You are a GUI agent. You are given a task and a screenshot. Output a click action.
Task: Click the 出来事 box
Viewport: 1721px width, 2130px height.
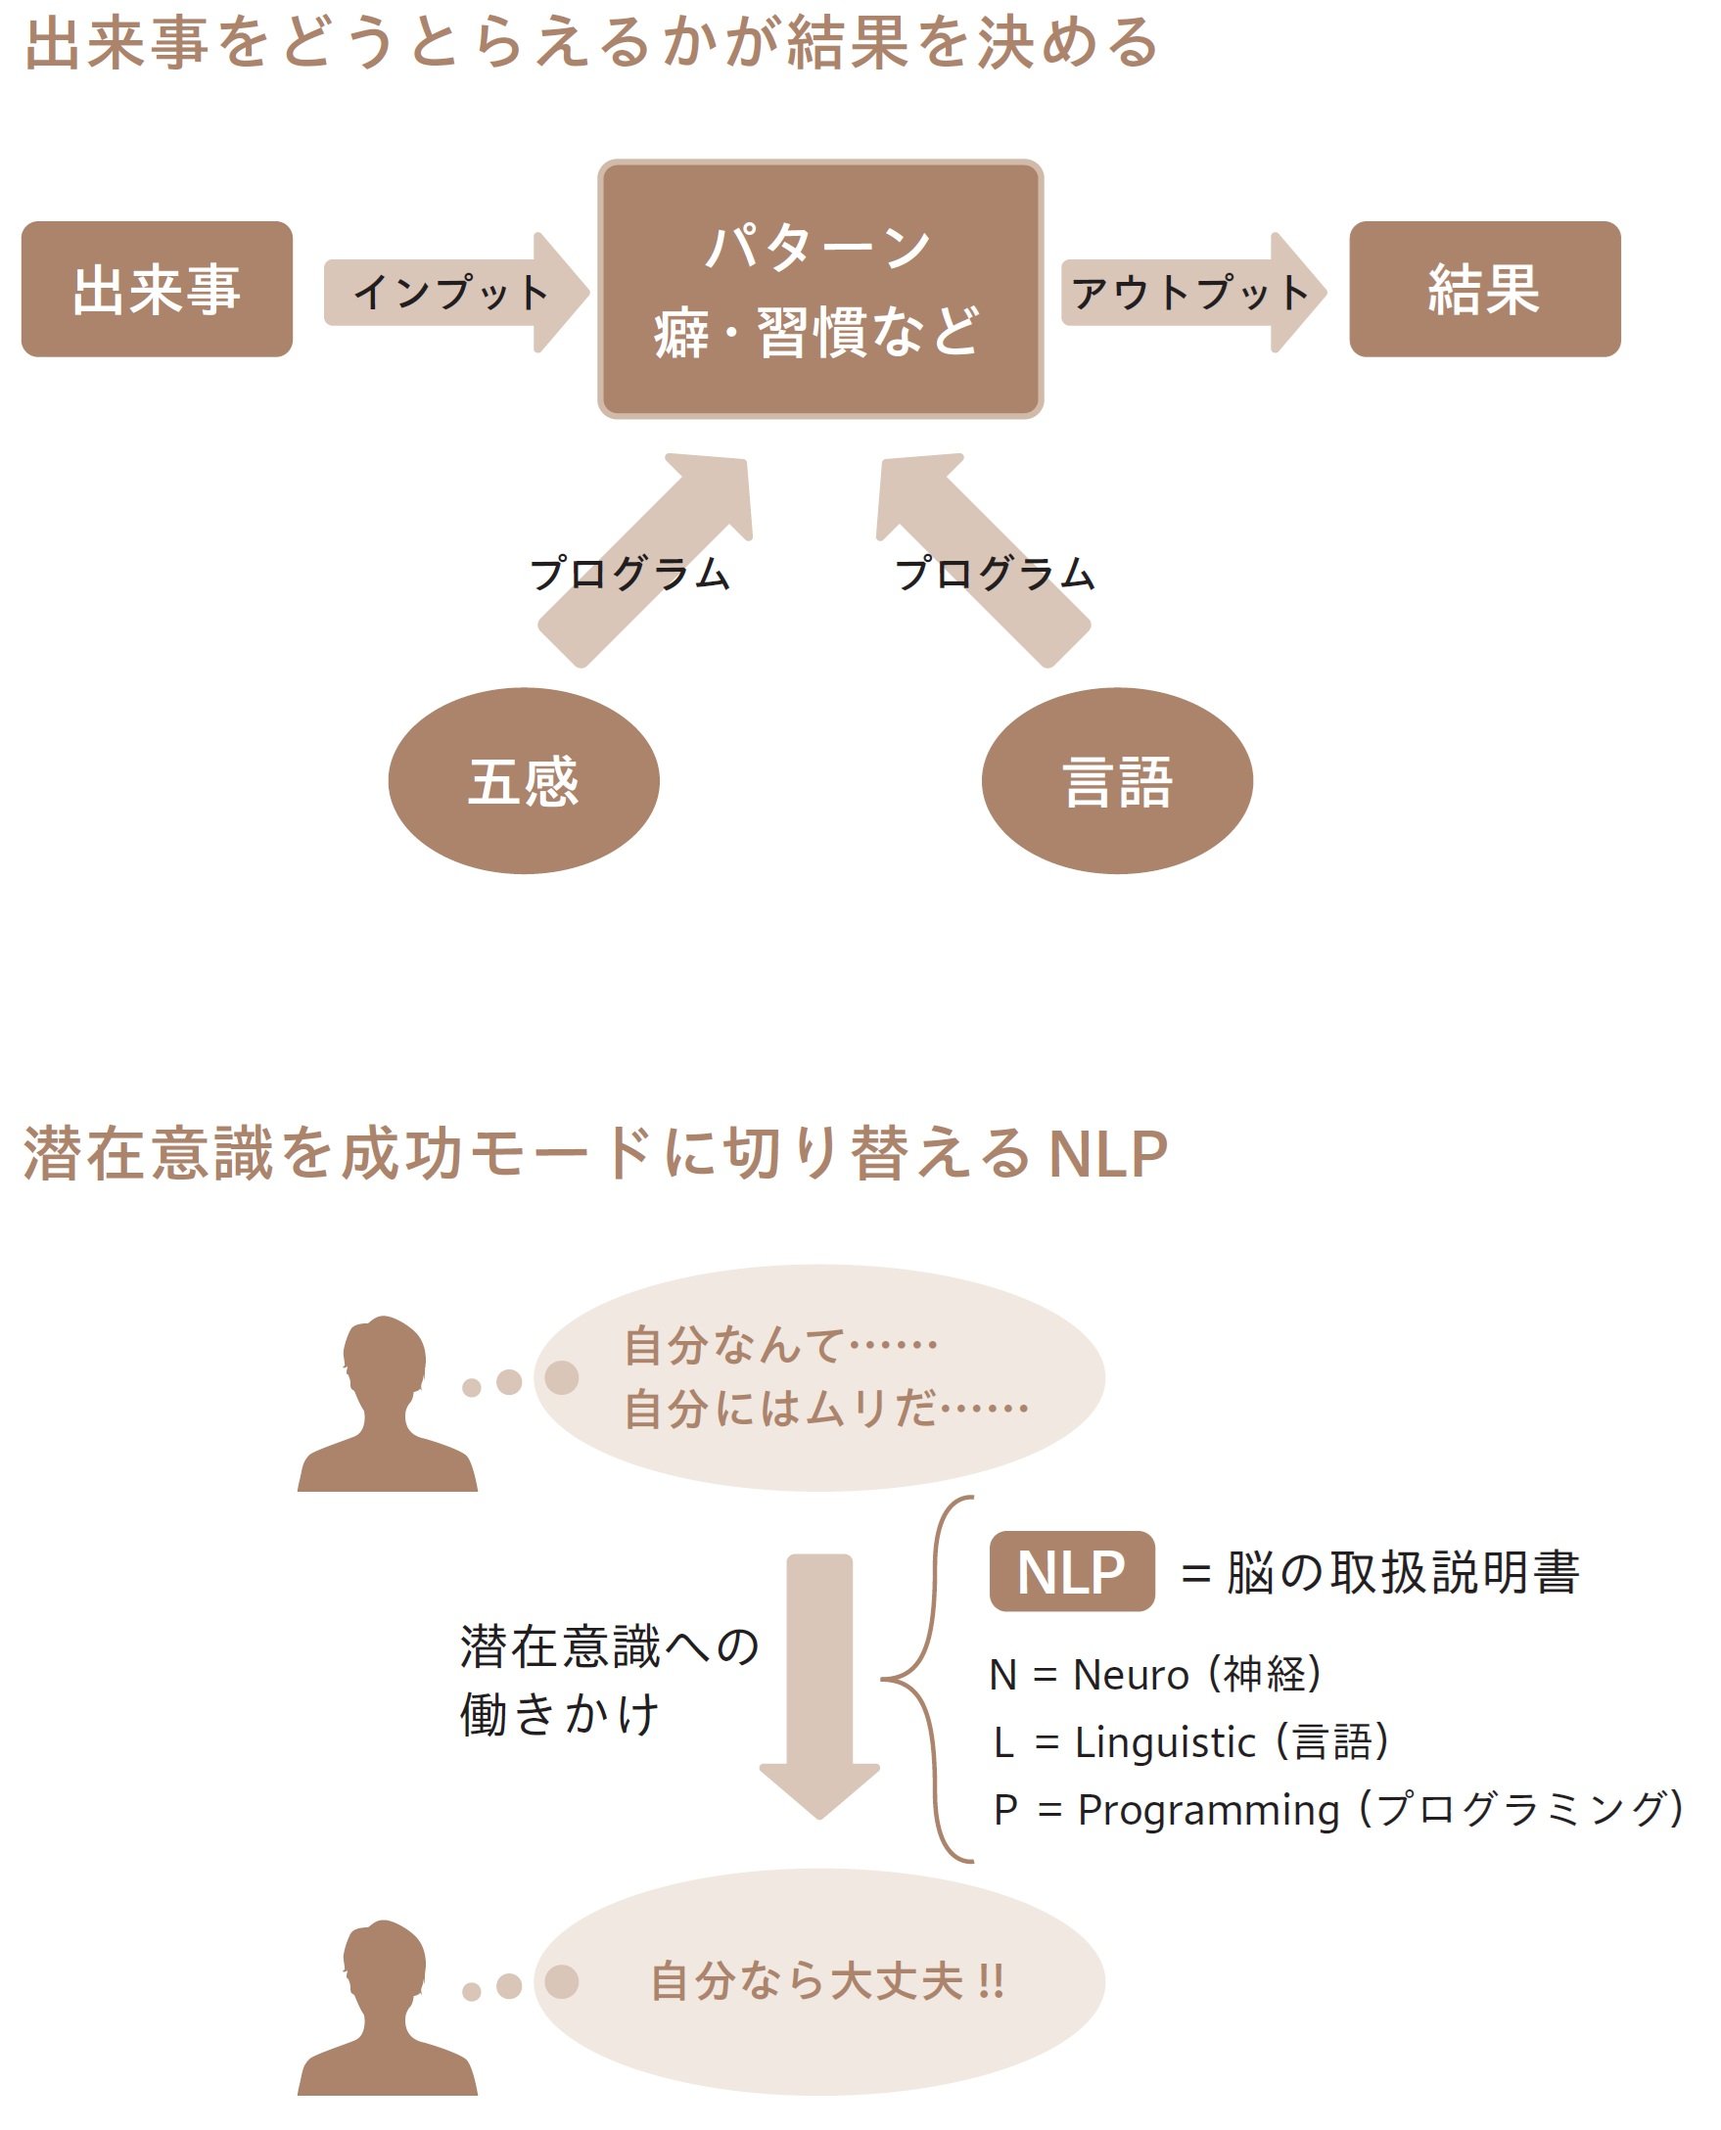[157, 290]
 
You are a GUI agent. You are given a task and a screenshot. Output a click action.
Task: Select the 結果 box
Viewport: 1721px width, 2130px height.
[1484, 290]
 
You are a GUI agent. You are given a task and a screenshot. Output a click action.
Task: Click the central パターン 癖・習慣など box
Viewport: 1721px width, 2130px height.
[819, 289]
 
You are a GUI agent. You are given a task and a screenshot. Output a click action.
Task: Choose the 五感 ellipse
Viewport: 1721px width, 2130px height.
[524, 781]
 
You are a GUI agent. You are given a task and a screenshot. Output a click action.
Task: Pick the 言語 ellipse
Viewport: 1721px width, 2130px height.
[1117, 781]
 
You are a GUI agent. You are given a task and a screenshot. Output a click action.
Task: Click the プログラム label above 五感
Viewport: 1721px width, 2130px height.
[630, 574]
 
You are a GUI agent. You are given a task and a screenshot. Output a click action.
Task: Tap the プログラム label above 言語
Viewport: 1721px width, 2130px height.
[995, 574]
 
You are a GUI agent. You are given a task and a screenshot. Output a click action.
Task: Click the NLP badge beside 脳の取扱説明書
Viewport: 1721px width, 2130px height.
[1072, 1572]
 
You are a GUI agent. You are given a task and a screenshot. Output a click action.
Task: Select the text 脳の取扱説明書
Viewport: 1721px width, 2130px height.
[1403, 1573]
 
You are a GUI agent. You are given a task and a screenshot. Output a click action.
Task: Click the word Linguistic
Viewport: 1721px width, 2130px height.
[1165, 1742]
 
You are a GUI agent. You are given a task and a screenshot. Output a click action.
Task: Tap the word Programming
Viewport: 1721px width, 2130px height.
[1208, 1810]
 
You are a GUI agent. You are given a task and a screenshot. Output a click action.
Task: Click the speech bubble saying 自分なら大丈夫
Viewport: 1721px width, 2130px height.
[819, 1982]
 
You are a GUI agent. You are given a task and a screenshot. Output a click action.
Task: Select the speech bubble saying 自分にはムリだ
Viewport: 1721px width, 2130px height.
[819, 1377]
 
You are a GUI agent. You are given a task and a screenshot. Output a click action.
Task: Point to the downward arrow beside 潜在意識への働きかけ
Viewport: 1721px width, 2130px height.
[819, 1685]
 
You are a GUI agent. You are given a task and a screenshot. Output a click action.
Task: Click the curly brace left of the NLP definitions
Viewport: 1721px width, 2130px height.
[927, 1679]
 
